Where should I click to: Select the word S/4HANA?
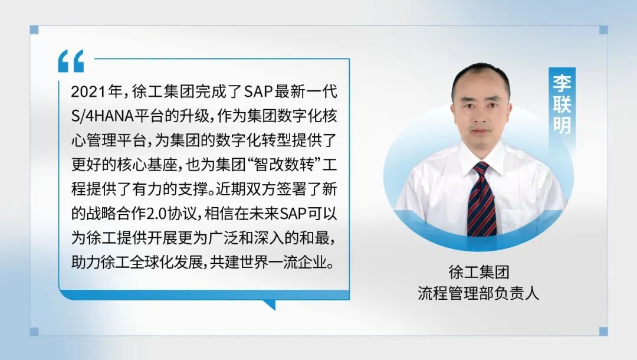(103, 116)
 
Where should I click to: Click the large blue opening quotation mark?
(71, 61)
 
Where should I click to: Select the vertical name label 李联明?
(562, 104)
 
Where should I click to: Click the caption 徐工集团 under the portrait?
(478, 272)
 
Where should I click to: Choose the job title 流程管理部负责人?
(478, 293)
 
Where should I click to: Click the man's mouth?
(481, 131)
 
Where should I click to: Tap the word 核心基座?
(147, 165)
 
